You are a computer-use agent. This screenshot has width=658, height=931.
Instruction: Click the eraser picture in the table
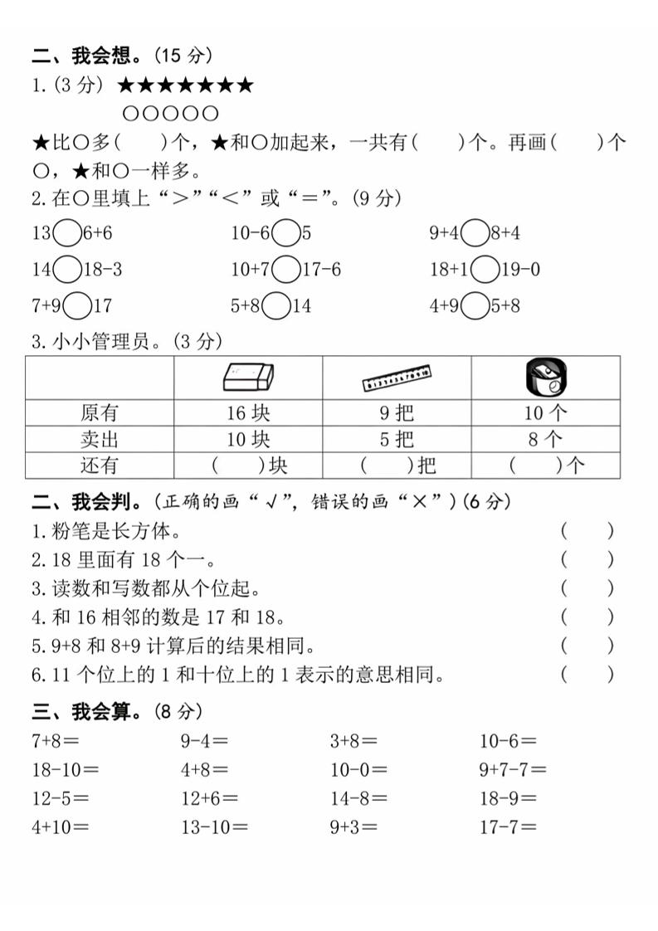tap(247, 378)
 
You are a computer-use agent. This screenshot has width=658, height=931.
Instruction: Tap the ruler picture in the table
tap(397, 379)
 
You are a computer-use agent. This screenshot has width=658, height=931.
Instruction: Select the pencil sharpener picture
tap(544, 378)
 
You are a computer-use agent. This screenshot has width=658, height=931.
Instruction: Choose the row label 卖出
tap(99, 439)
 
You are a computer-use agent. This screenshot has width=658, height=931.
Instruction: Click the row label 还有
tap(99, 465)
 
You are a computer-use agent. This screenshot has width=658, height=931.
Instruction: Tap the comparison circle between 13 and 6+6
tap(66, 234)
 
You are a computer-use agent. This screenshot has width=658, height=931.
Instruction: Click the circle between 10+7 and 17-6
tap(285, 270)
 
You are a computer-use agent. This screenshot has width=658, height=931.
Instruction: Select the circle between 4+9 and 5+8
tap(475, 306)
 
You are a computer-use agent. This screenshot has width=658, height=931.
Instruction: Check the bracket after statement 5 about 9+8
tap(587, 646)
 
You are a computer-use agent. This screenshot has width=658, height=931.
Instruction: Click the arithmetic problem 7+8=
tap(55, 741)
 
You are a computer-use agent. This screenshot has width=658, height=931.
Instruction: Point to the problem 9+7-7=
tap(513, 770)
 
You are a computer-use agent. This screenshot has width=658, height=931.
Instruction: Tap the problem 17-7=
tap(508, 826)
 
